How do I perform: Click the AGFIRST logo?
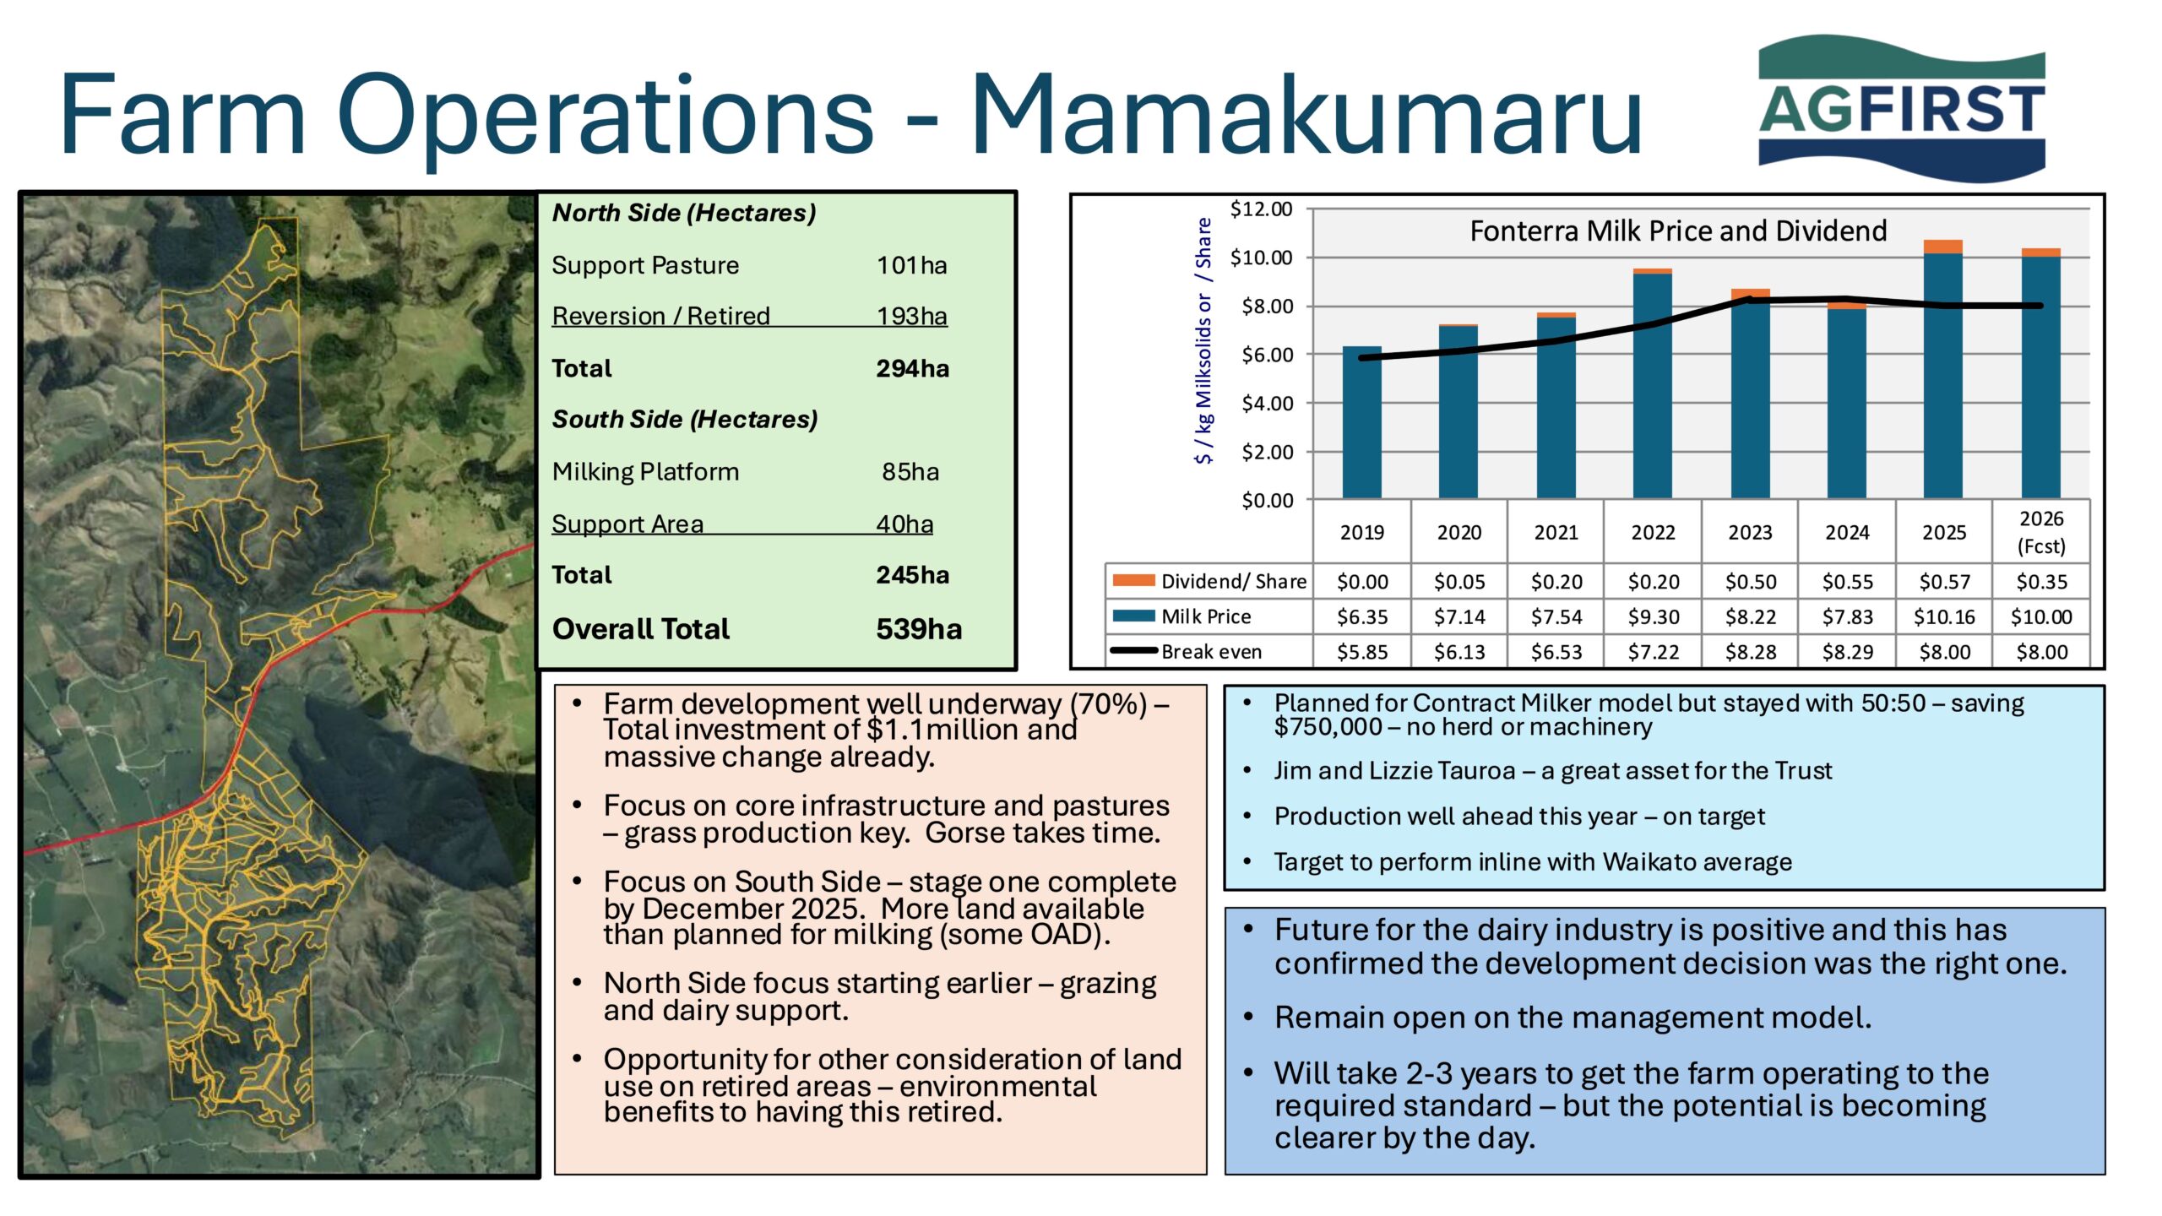1901,109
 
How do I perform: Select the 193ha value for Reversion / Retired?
912,316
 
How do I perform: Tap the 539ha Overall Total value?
919,629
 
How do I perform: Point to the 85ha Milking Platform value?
910,471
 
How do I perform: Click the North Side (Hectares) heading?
684,213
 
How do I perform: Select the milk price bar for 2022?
1653,386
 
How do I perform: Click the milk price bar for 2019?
1362,422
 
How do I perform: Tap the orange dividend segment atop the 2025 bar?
1943,247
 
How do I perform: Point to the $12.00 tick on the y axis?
1261,209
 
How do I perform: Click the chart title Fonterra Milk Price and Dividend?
1678,231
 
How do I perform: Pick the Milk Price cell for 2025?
1944,616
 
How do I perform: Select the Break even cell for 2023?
1751,652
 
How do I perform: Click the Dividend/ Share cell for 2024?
1848,582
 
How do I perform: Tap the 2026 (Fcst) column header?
2041,532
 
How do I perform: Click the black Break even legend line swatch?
1133,651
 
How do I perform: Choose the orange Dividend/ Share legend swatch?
1133,580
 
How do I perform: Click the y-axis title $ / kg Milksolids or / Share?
1203,341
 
